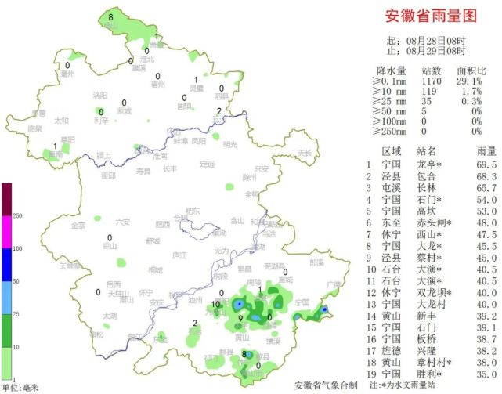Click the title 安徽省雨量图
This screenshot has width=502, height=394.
pyautogui.click(x=431, y=16)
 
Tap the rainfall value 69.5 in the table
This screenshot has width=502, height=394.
pyautogui.click(x=486, y=165)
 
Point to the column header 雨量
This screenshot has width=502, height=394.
pyautogui.click(x=486, y=150)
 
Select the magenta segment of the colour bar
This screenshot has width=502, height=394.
pyautogui.click(x=6, y=231)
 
